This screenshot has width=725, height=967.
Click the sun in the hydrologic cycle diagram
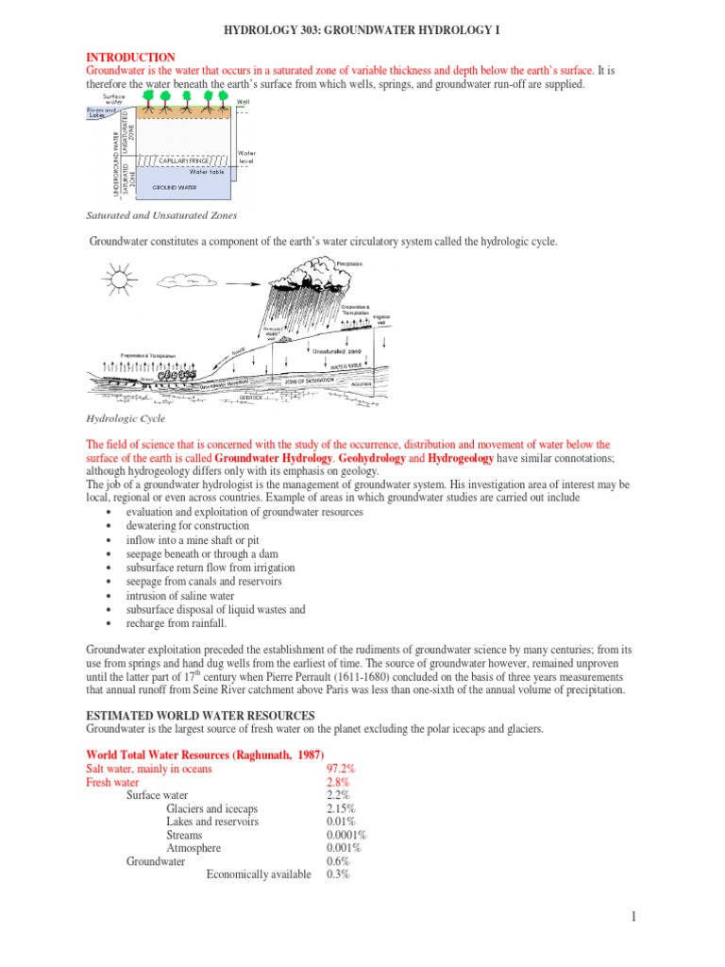[121, 280]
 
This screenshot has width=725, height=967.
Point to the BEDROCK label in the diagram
[251, 398]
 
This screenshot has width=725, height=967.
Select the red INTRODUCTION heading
[130, 58]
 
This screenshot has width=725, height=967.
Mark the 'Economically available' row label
[259, 874]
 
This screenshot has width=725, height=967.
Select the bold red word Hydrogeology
[461, 458]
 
